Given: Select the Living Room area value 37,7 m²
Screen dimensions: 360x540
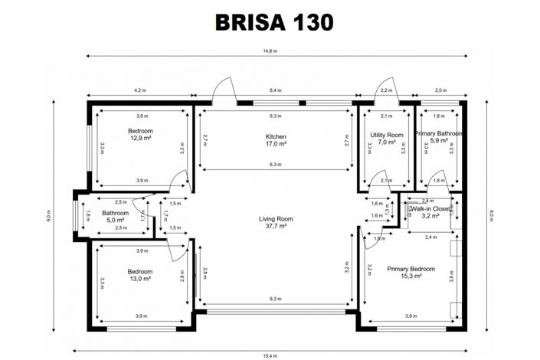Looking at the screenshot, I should coord(275,227).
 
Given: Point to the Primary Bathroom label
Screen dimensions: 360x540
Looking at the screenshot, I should coord(439,133).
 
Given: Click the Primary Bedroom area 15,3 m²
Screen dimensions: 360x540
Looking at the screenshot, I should coord(411,277).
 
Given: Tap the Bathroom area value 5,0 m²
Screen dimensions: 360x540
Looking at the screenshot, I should coord(115,221).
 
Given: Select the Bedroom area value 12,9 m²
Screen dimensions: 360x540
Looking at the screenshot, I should coord(140,139).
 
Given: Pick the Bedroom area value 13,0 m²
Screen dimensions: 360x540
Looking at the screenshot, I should coord(140,280).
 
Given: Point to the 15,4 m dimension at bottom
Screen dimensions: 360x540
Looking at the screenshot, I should coord(270,355).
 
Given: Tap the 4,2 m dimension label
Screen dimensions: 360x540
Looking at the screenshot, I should coord(140,90).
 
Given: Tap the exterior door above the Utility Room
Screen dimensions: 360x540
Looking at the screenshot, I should coord(385,93).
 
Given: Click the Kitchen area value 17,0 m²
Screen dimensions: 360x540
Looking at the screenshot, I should coord(275,143).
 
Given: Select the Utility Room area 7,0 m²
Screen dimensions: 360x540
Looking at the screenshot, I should coord(386,142).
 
